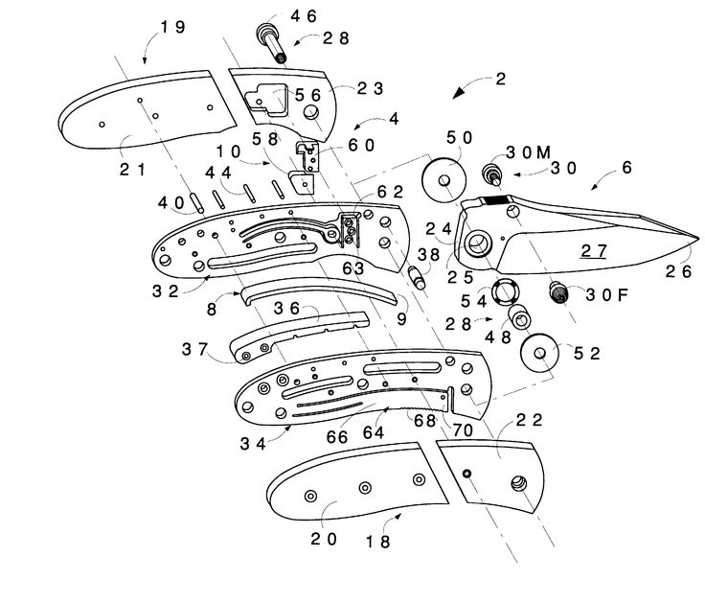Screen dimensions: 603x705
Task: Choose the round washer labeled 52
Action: [x=541, y=355]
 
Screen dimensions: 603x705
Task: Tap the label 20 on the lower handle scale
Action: [x=324, y=538]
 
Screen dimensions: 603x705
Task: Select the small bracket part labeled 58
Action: [x=303, y=182]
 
